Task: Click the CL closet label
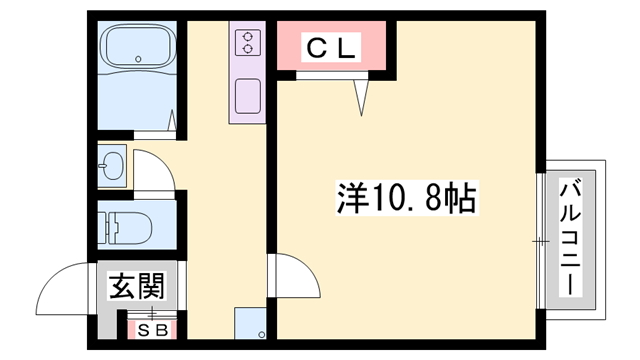329,46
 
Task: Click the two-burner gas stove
246,42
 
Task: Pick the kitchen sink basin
246,98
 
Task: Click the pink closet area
330,46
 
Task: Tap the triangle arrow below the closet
363,95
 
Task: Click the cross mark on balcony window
540,241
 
